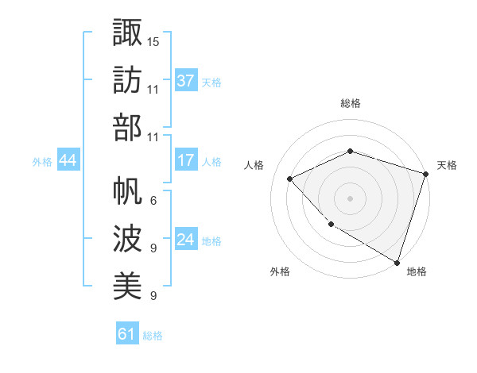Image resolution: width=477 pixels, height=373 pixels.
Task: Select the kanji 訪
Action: [127, 79]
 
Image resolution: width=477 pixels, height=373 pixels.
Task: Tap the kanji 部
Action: [127, 128]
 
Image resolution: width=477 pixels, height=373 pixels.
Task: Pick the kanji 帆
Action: [127, 190]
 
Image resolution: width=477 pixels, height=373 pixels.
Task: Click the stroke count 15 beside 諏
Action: [153, 40]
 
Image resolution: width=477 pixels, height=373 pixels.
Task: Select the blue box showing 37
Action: [186, 81]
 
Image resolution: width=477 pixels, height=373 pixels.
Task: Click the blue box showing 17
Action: [186, 160]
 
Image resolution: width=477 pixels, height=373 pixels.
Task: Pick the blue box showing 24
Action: [186, 240]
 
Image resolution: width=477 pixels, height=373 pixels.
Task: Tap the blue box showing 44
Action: [68, 161]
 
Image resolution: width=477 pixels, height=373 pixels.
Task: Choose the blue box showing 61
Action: [127, 334]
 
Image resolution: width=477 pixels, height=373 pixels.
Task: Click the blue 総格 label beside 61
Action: [153, 336]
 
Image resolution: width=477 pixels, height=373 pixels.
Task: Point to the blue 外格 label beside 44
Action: [42, 162]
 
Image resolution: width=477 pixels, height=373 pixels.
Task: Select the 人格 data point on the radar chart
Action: [290, 179]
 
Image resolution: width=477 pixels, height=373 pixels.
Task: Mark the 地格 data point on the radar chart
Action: [396, 261]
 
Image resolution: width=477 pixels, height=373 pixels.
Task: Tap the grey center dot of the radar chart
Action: [350, 198]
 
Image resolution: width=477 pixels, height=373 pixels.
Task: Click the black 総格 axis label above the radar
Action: [350, 103]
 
